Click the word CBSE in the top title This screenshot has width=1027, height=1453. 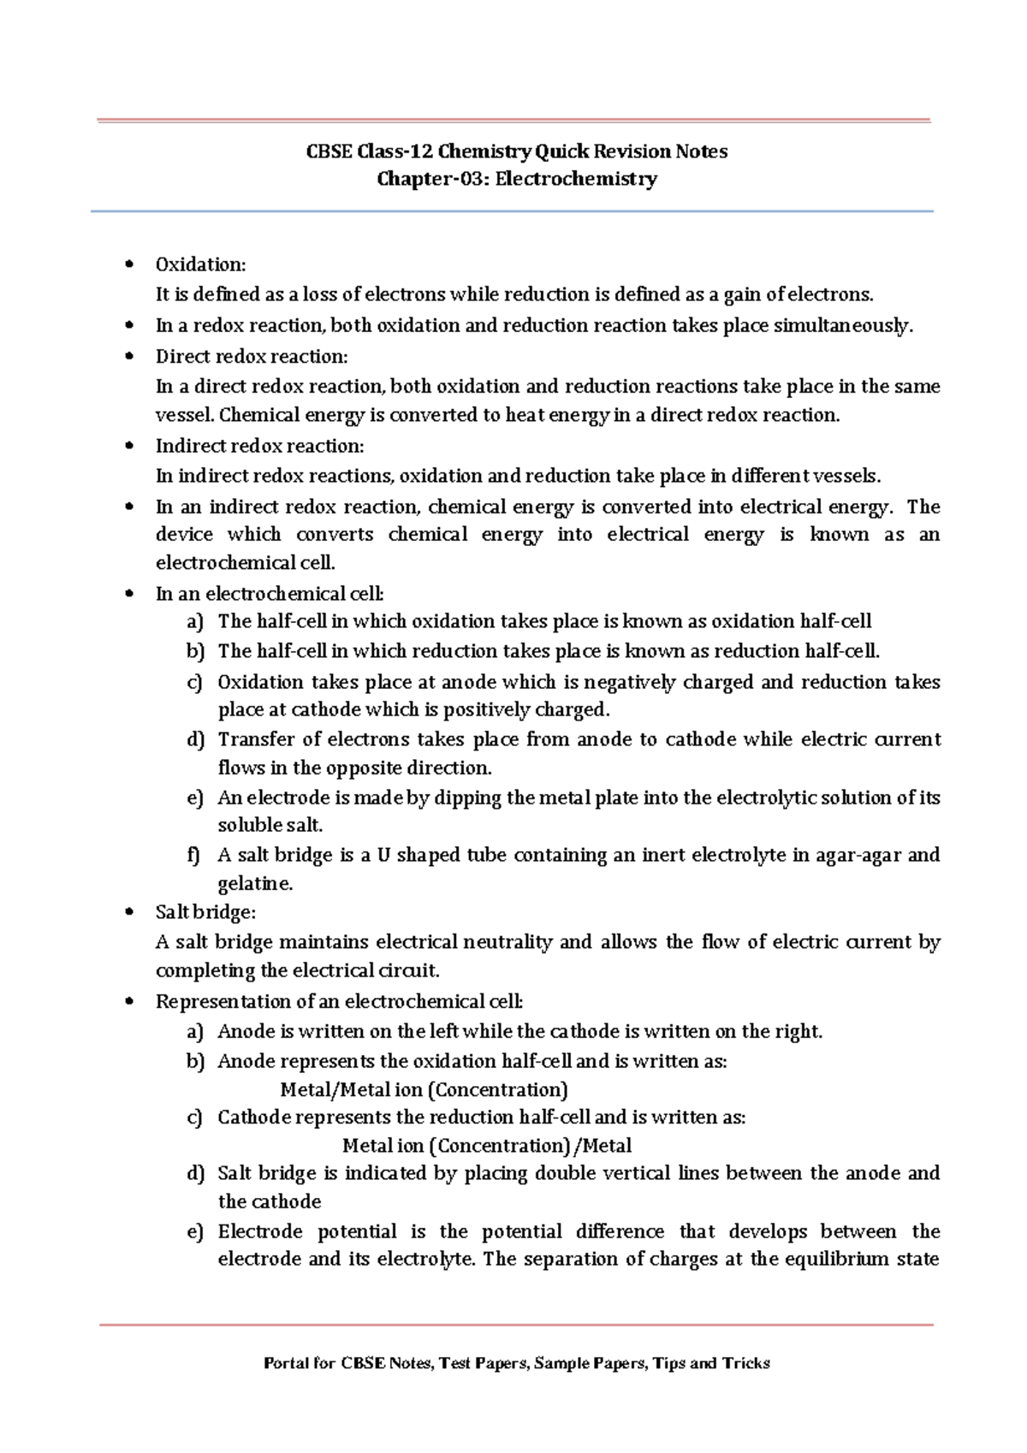tap(329, 151)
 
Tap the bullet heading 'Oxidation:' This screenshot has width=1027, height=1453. tap(200, 264)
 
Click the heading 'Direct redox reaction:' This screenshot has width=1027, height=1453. tap(252, 357)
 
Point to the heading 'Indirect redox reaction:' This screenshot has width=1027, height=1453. tap(259, 446)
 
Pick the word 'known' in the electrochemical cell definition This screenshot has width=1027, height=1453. tap(839, 535)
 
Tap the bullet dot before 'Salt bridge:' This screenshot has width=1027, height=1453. tap(129, 912)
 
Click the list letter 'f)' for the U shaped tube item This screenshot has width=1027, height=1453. tap(194, 855)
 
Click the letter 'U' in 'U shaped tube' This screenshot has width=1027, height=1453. tap(383, 855)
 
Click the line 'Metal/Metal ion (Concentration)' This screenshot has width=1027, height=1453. tap(424, 1090)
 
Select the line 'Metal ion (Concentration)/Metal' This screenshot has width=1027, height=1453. tap(487, 1146)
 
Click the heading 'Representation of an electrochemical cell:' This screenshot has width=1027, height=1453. tap(339, 1002)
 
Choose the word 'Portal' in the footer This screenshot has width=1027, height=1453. tap(286, 1363)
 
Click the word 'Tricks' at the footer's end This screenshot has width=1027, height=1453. tap(745, 1363)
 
